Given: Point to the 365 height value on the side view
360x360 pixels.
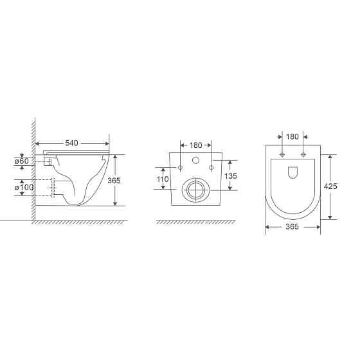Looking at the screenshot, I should pos(114,181).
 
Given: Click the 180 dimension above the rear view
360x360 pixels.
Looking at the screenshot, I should pos(195,146).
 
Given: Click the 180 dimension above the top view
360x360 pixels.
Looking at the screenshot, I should pos(292,136).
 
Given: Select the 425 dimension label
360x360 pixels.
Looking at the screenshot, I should pos(330,187).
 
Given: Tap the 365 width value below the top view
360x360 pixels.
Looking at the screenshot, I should pos(292,228).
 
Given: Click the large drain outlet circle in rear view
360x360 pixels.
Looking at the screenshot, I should pos(195,189).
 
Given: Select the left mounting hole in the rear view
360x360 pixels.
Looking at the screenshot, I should pos(181,168).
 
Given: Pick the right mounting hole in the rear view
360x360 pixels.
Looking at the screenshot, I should pos(210,168).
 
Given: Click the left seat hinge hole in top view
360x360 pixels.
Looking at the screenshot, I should pos(282,155).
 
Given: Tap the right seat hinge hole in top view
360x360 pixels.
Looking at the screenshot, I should pos(303,155).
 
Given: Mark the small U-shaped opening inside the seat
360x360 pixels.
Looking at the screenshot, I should pos(292,172).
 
